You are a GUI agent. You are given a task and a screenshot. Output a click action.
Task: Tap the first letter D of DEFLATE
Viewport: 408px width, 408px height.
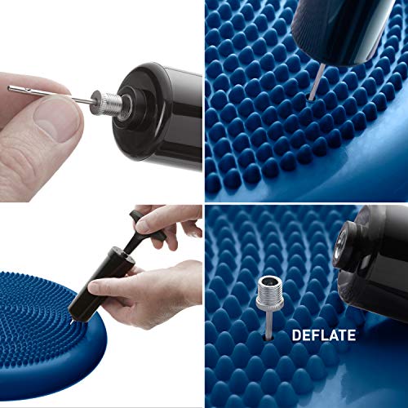(x=297, y=335)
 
